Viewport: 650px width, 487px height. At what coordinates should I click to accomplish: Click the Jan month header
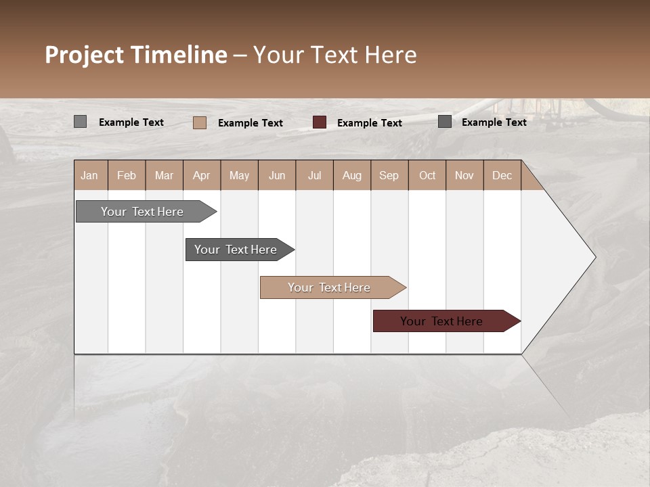(x=90, y=175)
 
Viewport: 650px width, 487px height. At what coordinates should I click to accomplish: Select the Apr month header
(x=202, y=175)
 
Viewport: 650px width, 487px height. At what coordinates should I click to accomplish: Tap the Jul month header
(x=314, y=175)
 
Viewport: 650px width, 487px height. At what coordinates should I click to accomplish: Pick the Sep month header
(x=389, y=175)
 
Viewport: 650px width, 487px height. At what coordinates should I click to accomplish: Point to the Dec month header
(x=502, y=175)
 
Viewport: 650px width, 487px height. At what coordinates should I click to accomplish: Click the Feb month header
(x=127, y=175)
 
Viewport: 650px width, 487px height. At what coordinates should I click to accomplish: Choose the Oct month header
(x=427, y=175)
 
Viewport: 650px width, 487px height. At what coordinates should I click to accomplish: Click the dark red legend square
(x=320, y=122)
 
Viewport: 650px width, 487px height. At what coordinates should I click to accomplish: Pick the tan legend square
(x=199, y=122)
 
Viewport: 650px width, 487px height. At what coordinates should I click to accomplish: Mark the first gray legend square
(x=80, y=122)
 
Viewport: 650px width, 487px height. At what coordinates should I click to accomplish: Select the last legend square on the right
(x=445, y=122)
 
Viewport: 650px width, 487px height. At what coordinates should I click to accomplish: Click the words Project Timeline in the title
(x=135, y=55)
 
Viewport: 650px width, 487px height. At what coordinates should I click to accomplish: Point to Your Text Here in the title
(x=334, y=55)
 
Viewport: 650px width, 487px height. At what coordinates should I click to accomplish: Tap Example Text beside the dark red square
(x=369, y=123)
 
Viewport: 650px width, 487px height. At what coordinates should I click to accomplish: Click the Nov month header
(x=464, y=175)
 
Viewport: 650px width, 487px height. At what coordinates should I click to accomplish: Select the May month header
(x=239, y=175)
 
